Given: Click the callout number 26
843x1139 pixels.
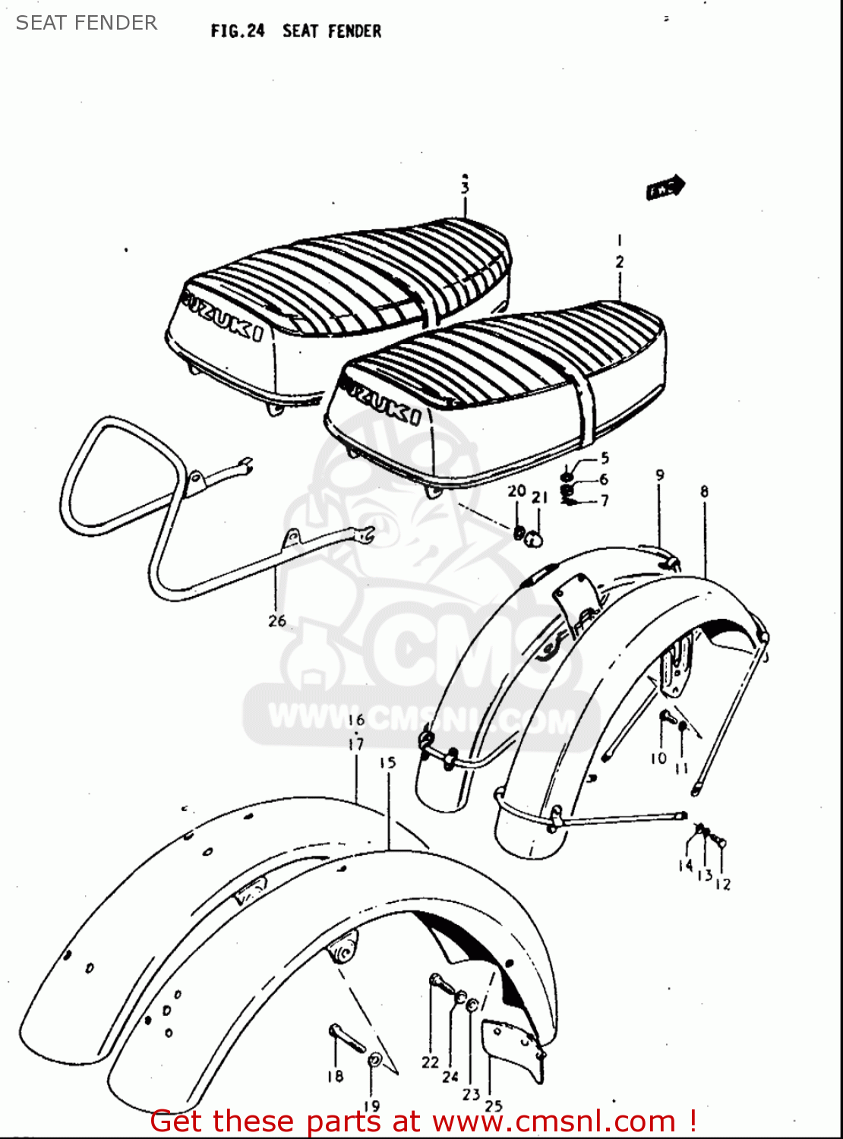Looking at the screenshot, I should click(x=277, y=620).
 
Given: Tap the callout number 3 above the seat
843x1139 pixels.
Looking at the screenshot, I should click(x=465, y=188).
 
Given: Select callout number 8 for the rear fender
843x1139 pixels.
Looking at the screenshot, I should click(x=704, y=492).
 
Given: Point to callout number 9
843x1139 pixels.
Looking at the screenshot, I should click(x=660, y=475).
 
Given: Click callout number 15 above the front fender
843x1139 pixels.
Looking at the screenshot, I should click(x=388, y=762).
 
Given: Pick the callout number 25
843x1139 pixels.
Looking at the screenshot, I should click(x=494, y=1106).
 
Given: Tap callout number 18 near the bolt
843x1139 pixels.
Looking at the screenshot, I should click(x=335, y=1076).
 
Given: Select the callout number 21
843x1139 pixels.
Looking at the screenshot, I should click(x=539, y=498).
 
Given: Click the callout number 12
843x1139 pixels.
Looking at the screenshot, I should click(x=723, y=884).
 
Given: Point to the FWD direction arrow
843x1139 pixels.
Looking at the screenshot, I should click(x=665, y=188).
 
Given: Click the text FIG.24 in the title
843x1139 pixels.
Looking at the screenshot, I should click(x=238, y=31).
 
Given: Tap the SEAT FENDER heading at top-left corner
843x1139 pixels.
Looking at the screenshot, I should click(x=87, y=23).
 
